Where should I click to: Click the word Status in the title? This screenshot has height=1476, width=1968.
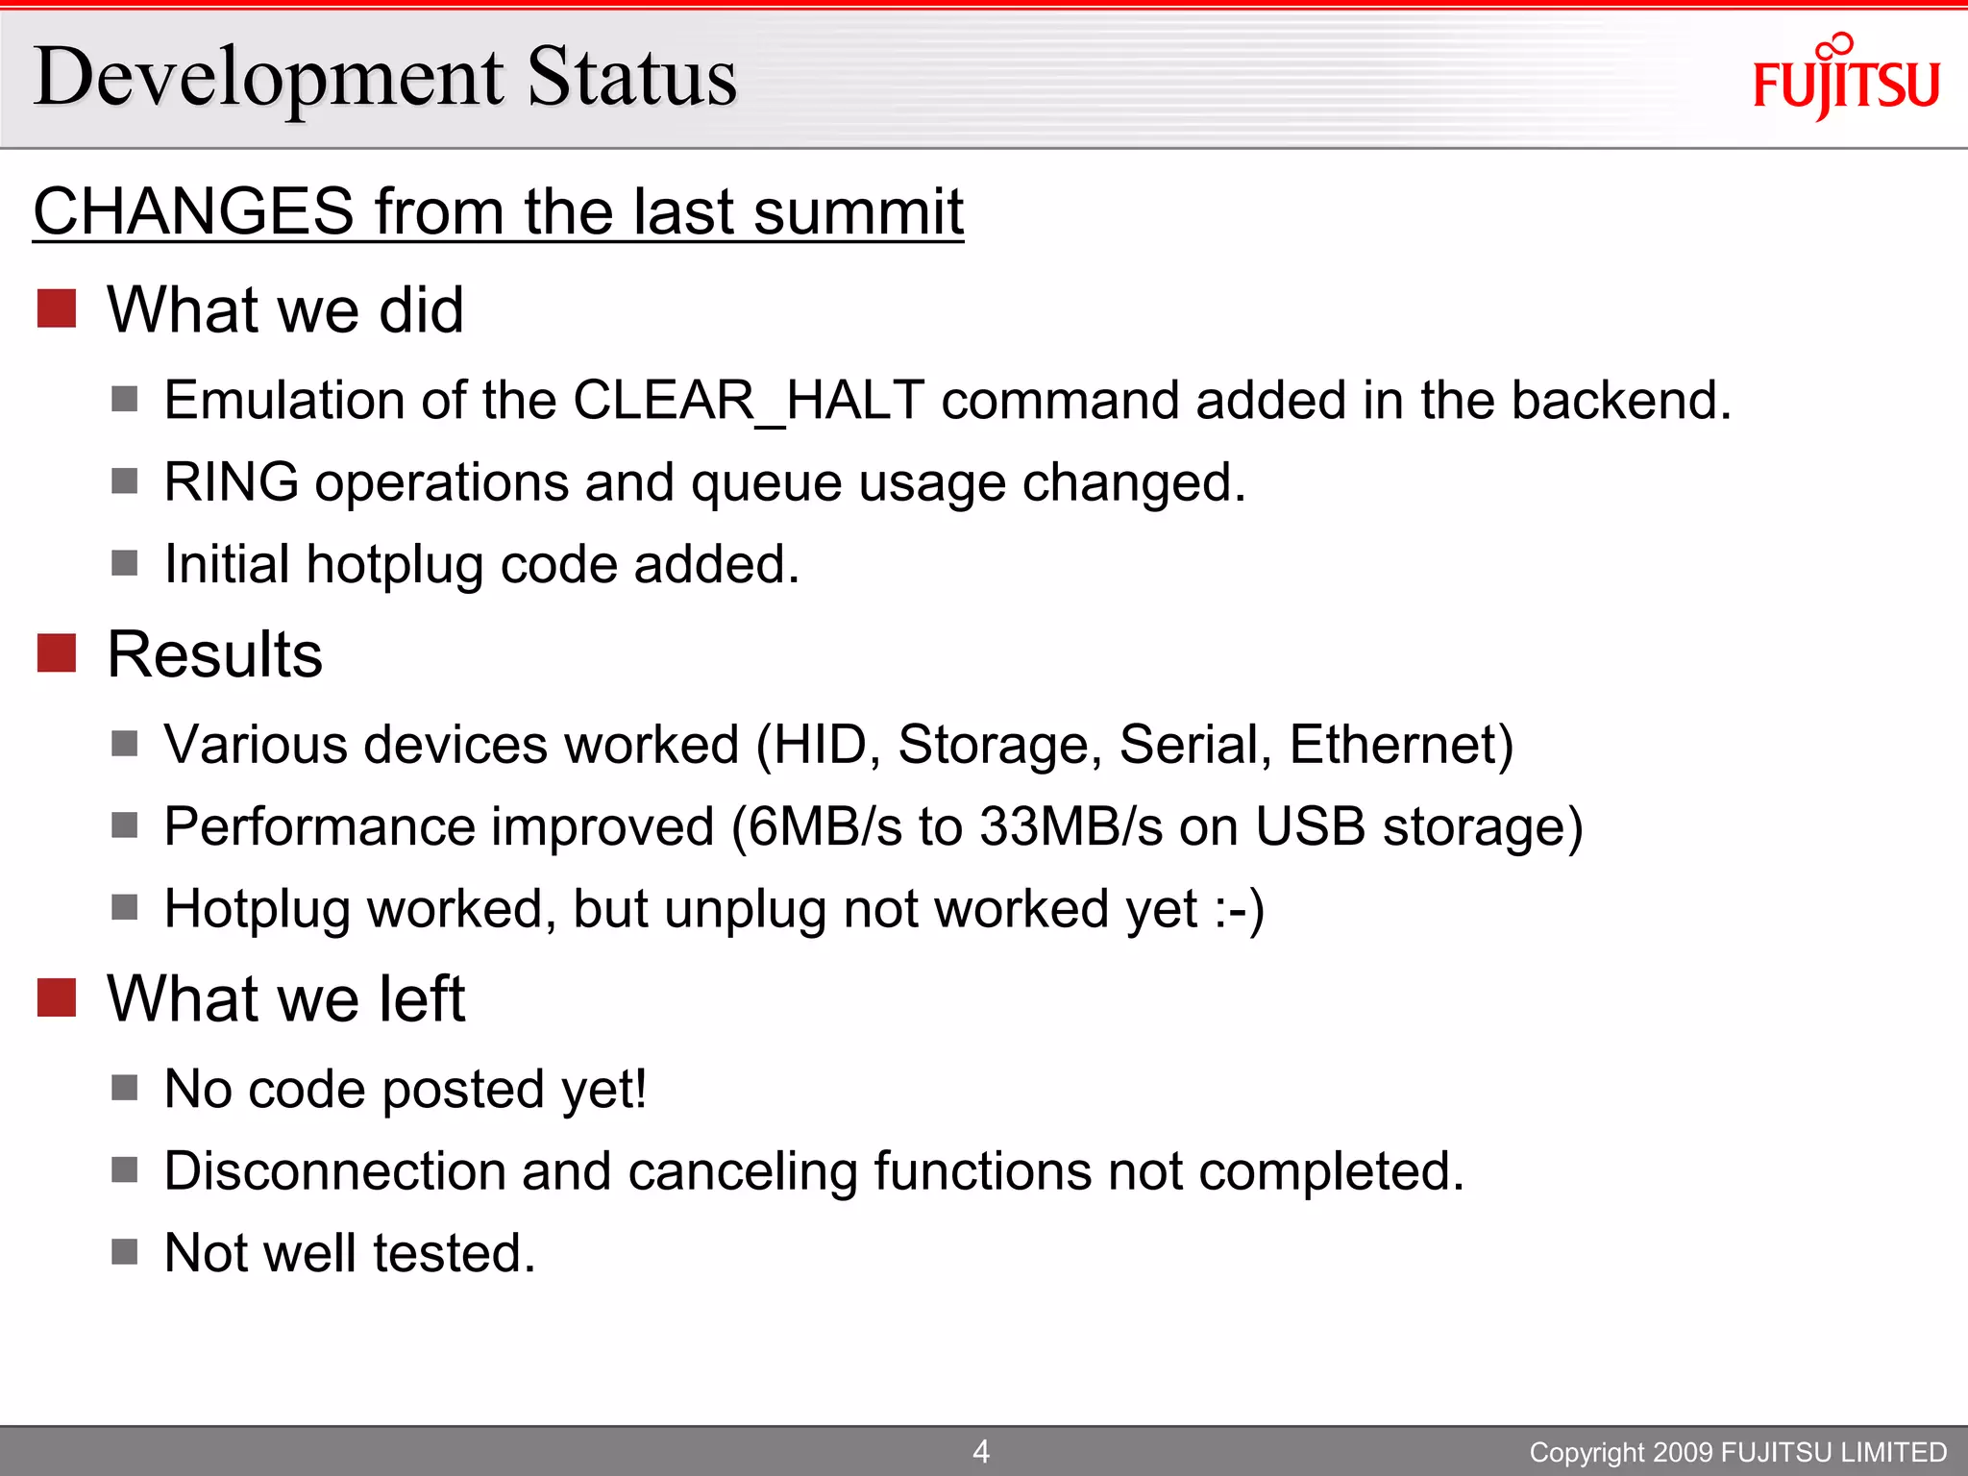click(632, 77)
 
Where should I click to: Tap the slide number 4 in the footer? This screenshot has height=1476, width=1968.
click(981, 1451)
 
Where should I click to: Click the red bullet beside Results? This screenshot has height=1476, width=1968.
click(57, 653)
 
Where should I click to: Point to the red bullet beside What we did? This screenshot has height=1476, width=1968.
click(57, 308)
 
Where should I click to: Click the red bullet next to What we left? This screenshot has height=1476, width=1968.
click(57, 997)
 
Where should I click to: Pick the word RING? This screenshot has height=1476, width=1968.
click(232, 481)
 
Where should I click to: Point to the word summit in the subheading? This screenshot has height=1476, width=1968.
click(858, 211)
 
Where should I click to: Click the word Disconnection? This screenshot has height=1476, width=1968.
click(335, 1171)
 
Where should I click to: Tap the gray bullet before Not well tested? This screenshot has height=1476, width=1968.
click(125, 1252)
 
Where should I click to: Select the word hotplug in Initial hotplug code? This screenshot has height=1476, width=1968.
click(395, 564)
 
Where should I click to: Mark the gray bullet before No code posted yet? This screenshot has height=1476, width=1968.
click(125, 1088)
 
